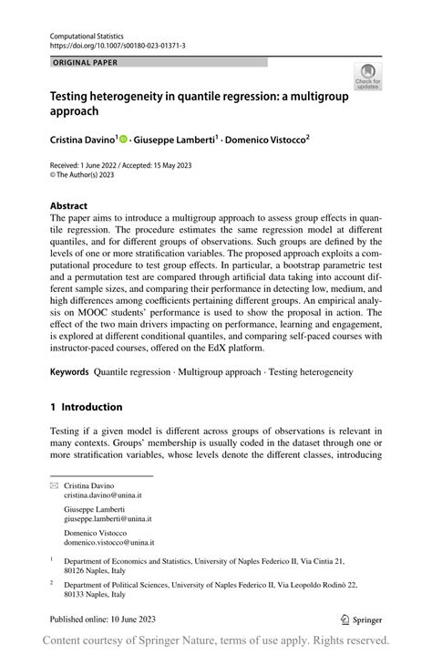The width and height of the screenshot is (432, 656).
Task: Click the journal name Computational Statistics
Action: pyautogui.click(x=87, y=35)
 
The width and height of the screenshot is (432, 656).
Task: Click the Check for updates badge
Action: pyautogui.click(x=368, y=76)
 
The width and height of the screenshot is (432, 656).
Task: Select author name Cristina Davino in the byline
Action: pyautogui.click(x=80, y=140)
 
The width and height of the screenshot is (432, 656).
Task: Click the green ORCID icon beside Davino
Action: pyautogui.click(x=122, y=140)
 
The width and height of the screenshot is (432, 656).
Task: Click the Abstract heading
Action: pyautogui.click(x=69, y=206)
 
